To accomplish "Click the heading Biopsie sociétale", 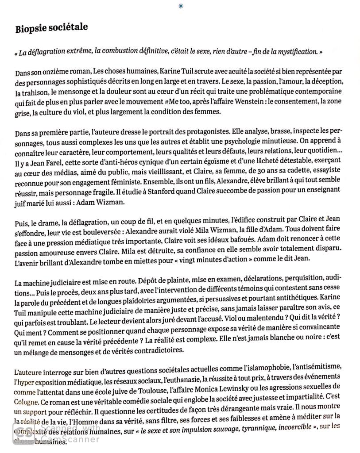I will point(51,28).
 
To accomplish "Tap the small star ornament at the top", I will point(180,5).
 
